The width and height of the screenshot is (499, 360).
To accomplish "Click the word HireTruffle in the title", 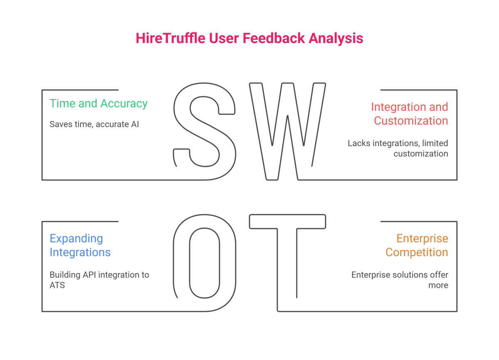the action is click(x=170, y=38).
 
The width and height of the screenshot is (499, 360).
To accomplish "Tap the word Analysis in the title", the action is click(x=336, y=39).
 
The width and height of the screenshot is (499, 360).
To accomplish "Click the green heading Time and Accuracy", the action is click(x=99, y=104).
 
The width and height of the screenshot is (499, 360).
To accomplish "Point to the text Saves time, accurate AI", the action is click(x=94, y=124).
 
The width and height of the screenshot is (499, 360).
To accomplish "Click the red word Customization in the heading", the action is click(x=411, y=121).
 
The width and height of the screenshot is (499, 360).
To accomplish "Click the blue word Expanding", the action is click(x=76, y=239).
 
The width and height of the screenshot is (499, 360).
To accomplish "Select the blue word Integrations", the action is click(x=80, y=253).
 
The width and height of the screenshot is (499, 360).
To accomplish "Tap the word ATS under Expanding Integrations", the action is click(x=57, y=286).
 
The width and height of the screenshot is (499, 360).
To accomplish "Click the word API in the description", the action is click(x=89, y=275).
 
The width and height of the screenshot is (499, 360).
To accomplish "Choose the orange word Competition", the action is click(x=417, y=253).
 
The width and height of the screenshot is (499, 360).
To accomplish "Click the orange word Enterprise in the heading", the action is click(x=422, y=239).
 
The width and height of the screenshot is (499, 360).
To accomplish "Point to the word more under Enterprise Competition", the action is click(x=438, y=286).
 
